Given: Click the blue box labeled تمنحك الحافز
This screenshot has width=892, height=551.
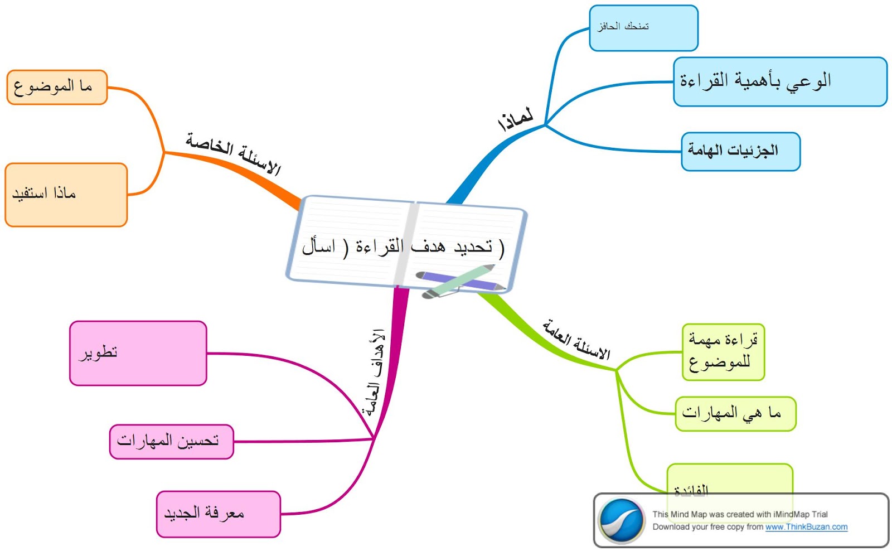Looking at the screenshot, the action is pyautogui.click(x=643, y=28).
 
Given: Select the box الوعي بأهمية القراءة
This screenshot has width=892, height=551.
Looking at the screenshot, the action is pyautogui.click(x=779, y=81).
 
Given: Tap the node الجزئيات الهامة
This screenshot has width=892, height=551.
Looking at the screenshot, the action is pyautogui.click(x=740, y=151).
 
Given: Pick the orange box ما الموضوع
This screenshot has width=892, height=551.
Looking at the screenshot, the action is pyautogui.click(x=56, y=87).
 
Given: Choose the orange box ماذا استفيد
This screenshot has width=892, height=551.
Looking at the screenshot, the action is pyautogui.click(x=66, y=195).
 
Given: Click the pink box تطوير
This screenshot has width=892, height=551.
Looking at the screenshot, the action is pyautogui.click(x=138, y=353).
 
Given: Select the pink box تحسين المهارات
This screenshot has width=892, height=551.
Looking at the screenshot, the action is pyautogui.click(x=171, y=442).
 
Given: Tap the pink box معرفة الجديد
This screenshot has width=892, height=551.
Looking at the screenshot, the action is pyautogui.click(x=218, y=514).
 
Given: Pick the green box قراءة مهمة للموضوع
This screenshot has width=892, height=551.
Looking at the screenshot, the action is pyautogui.click(x=723, y=352).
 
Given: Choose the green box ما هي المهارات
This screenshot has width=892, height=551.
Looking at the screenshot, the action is pyautogui.click(x=735, y=413).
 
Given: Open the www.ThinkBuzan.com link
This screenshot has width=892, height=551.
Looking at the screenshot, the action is pyautogui.click(x=806, y=527).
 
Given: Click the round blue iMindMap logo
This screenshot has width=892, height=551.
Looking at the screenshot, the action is pyautogui.click(x=620, y=520).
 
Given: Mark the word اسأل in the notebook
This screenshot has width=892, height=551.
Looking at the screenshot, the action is pyautogui.click(x=318, y=246).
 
